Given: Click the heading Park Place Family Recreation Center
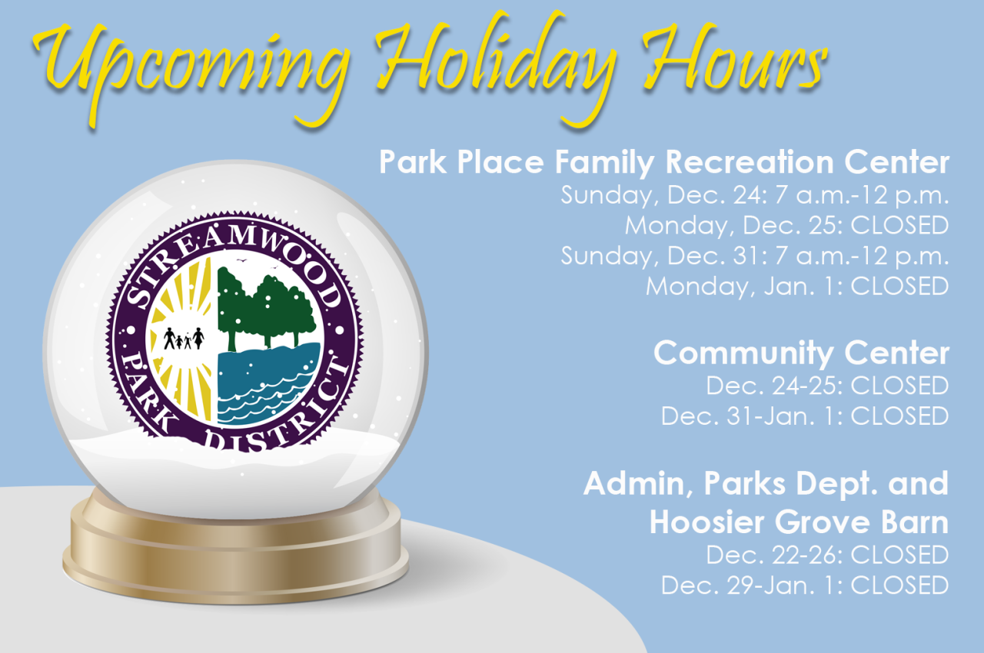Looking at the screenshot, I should point(664,163).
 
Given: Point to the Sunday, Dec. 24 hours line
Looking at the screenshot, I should point(755,194).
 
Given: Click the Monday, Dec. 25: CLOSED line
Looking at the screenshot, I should point(786,225).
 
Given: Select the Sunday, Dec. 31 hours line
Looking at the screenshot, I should point(755,255).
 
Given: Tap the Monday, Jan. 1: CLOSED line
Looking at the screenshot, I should point(797,286).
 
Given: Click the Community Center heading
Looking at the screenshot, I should point(801,353).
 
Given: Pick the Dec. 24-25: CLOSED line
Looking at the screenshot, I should point(827,385).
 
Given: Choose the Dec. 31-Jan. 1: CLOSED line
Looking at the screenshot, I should point(805,416).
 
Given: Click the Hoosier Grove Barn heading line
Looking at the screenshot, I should point(799,522).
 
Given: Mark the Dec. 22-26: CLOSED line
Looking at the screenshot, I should point(827,554).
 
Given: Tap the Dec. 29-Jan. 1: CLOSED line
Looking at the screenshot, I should point(805,585).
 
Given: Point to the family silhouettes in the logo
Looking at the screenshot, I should point(184,338).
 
